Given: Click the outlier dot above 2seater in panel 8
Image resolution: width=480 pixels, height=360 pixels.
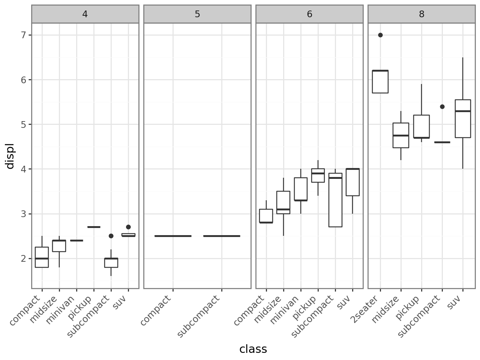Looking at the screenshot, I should tap(380, 35).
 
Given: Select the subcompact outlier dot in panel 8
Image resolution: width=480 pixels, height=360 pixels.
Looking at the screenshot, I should tap(442, 106).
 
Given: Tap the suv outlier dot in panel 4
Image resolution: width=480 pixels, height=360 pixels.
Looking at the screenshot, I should tap(128, 227).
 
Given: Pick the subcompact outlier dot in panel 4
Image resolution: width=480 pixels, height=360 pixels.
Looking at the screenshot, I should tap(111, 236).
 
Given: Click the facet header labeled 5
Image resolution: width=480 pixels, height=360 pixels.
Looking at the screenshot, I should tap(197, 14).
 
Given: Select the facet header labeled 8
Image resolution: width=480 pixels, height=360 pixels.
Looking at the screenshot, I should tap(421, 14).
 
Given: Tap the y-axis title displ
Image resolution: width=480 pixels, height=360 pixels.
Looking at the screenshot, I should tap(10, 156).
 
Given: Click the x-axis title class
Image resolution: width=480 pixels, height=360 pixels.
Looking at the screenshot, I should tap(253, 349).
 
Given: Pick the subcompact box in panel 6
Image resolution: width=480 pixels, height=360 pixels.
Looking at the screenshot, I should tap(335, 202).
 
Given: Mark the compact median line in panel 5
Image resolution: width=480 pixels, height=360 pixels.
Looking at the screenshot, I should tap(173, 236).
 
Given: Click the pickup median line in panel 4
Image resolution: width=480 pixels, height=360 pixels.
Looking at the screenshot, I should tap(94, 227).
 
